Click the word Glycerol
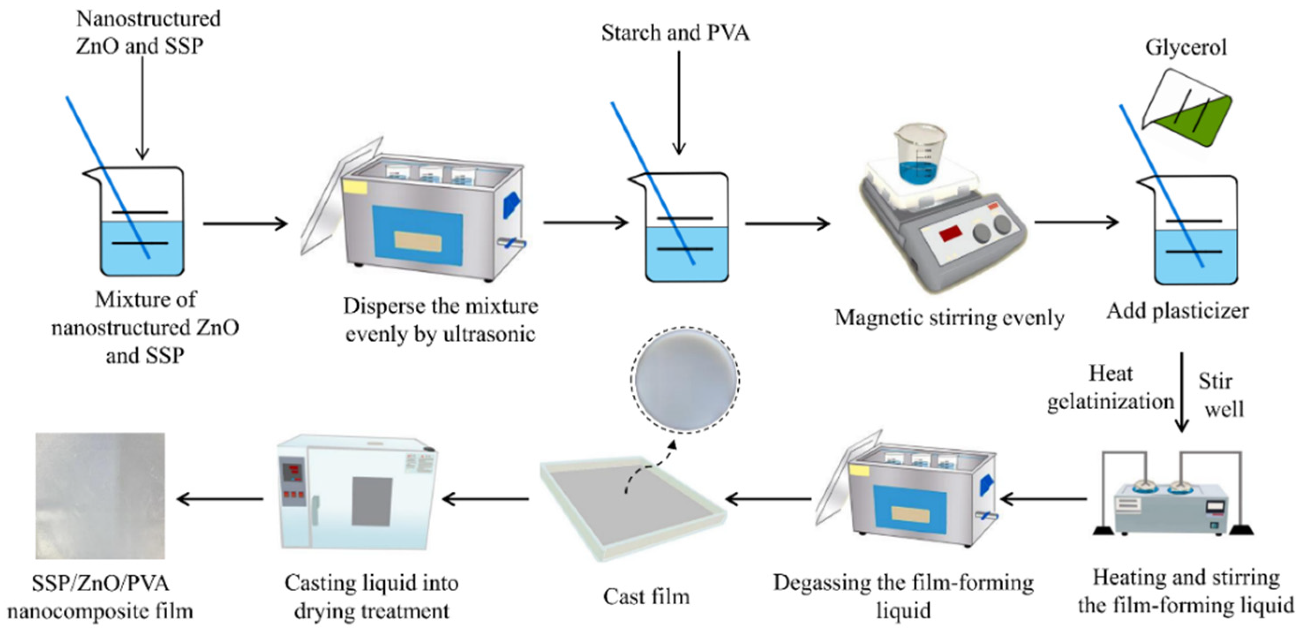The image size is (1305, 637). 1185,48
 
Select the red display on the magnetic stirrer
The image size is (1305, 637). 951,234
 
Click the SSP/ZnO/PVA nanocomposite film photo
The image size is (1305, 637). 100,496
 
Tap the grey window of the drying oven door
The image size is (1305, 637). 372,501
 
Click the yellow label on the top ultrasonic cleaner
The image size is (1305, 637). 355,186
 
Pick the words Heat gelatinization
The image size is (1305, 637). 1110,388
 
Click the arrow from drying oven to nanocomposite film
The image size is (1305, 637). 221,499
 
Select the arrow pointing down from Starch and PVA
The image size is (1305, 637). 679,102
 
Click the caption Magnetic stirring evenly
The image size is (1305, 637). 949,318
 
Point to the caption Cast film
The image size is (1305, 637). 646,596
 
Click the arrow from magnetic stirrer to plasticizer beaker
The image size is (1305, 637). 1076,222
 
